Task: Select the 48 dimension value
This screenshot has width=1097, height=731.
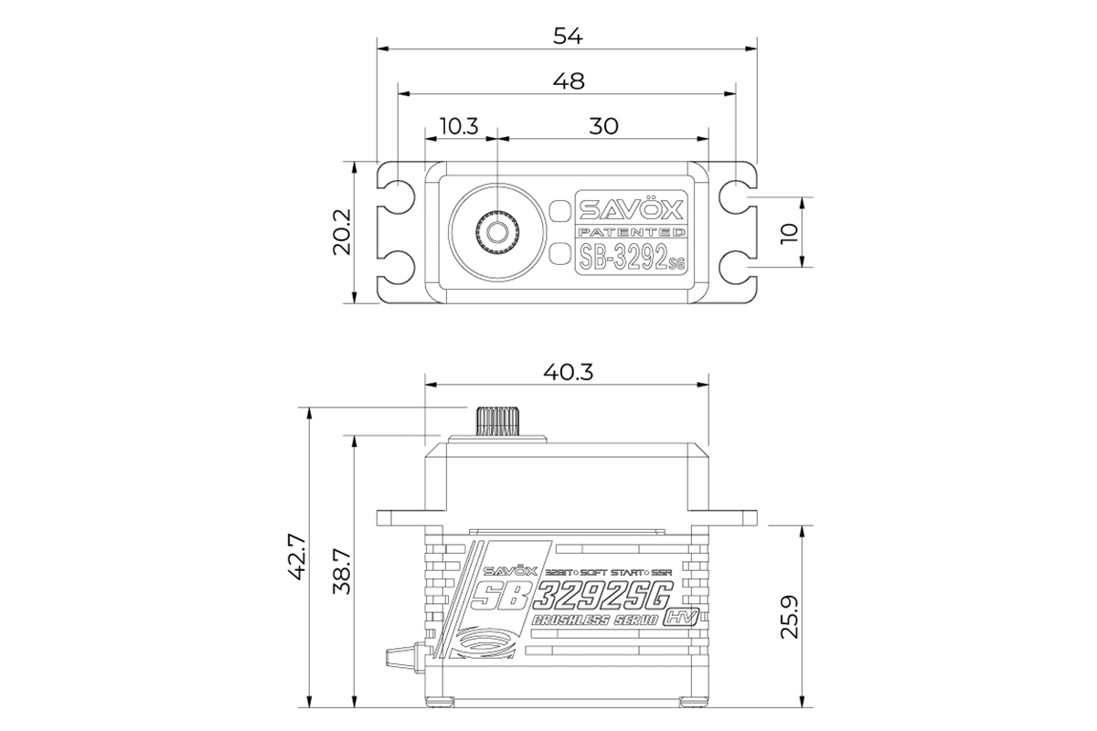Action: point(568,80)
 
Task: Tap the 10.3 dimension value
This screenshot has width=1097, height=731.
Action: point(459,126)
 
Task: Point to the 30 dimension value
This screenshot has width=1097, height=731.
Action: point(602,126)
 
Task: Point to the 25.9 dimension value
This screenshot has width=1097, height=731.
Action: point(790,618)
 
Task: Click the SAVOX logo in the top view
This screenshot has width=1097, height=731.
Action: point(630,208)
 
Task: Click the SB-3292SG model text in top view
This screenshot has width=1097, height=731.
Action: point(630,257)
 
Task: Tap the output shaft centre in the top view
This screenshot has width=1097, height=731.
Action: point(496,232)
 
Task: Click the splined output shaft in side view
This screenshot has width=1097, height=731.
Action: point(496,421)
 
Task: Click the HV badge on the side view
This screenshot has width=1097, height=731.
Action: point(686,615)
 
